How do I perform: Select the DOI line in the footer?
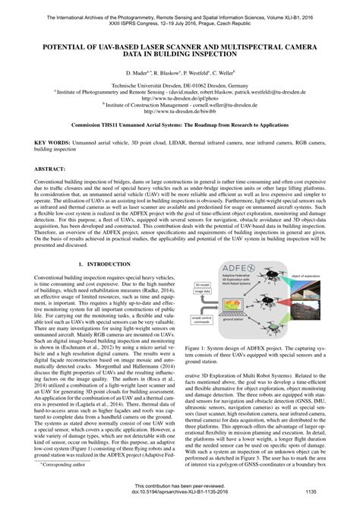[180, 492]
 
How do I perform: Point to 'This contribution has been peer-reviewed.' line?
[180, 485]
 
